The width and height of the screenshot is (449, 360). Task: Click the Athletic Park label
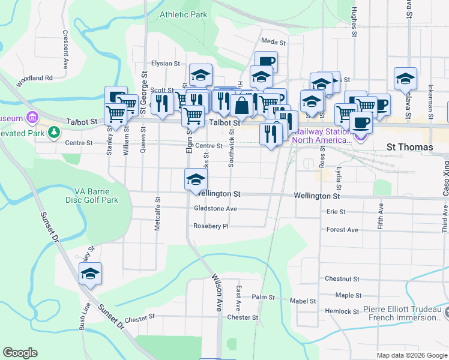point(183,14)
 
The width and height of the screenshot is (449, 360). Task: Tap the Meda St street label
point(273,41)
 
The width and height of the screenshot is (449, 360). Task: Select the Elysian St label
point(165,63)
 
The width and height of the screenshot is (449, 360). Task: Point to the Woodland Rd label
point(35,78)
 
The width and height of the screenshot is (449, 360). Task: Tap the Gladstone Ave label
point(215,209)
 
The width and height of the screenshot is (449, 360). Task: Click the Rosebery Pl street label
point(211,226)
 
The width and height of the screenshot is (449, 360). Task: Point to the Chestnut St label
point(342,279)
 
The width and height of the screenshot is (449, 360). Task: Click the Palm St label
point(263,297)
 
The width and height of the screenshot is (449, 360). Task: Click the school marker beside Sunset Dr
point(90,274)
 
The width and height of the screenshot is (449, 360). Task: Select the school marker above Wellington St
point(195,180)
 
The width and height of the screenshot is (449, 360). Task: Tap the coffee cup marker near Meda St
point(265,61)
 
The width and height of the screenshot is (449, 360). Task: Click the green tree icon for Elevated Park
point(55,131)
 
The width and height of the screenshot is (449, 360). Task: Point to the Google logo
point(20,353)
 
